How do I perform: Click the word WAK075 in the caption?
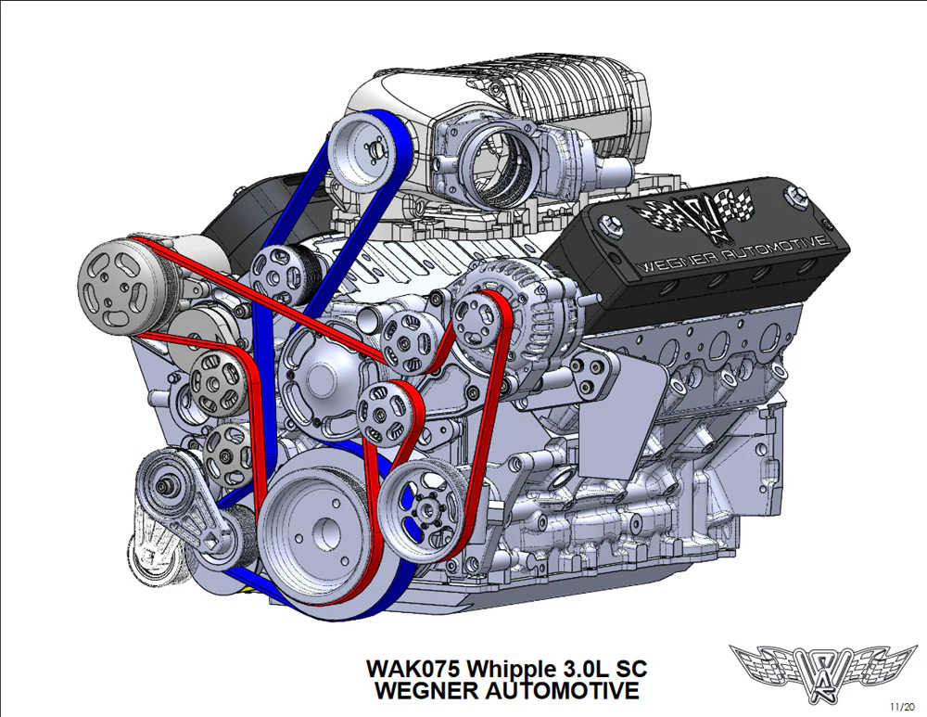tap(413, 669)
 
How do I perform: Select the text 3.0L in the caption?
tap(581, 669)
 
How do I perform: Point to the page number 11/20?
tap(902, 707)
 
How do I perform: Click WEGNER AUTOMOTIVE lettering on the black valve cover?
tap(734, 254)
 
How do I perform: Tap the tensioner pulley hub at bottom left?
tap(162, 486)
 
